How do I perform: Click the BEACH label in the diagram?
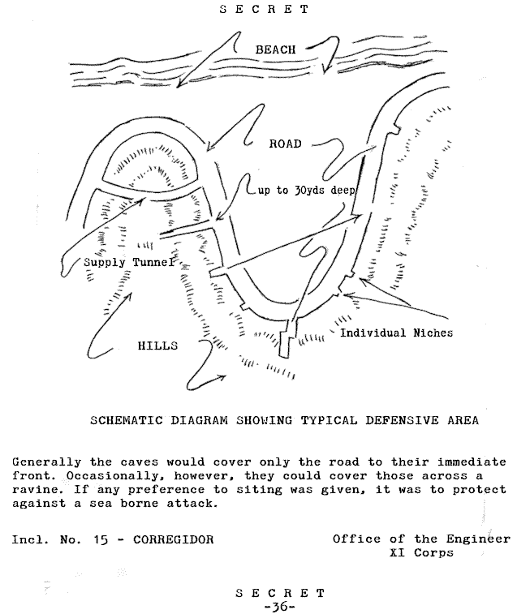coord(276,49)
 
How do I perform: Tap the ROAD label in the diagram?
coord(286,144)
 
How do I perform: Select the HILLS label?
coord(157,346)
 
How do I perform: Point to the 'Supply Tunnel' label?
coord(128,262)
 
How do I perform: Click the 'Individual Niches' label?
coord(396,333)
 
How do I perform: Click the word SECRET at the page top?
coord(265,9)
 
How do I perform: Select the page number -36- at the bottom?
coord(280,607)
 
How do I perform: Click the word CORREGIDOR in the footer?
coord(173,539)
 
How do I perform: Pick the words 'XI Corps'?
coord(421,553)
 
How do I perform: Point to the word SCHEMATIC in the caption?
coord(127,421)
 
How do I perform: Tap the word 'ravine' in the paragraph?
coord(36,489)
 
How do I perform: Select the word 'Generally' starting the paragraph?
coord(46,462)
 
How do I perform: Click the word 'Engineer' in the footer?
coord(478,539)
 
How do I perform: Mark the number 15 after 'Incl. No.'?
coord(101,539)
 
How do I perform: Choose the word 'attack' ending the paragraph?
coord(192,504)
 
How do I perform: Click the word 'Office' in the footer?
coord(356,539)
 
